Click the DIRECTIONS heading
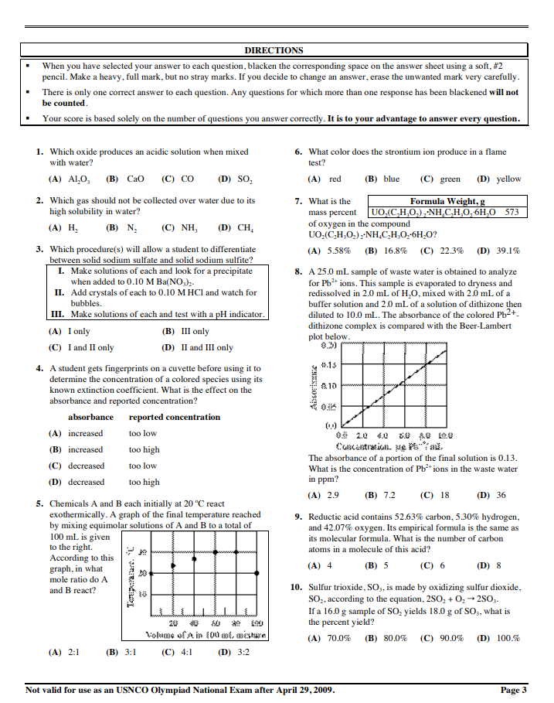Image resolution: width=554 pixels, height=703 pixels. coord(274,50)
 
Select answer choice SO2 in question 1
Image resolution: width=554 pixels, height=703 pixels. coord(243,179)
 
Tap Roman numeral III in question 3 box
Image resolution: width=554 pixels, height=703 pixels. coord(57,315)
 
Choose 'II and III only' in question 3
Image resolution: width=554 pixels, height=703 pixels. coord(203,347)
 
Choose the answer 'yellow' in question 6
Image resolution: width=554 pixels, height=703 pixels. coord(508,179)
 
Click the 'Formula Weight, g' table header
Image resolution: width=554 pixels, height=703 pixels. coord(447,201)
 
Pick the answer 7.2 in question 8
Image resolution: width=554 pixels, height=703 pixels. coord(389,495)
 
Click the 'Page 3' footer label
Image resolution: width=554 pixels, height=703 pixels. coord(514,690)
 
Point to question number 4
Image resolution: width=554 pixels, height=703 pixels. coord(39,369)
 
